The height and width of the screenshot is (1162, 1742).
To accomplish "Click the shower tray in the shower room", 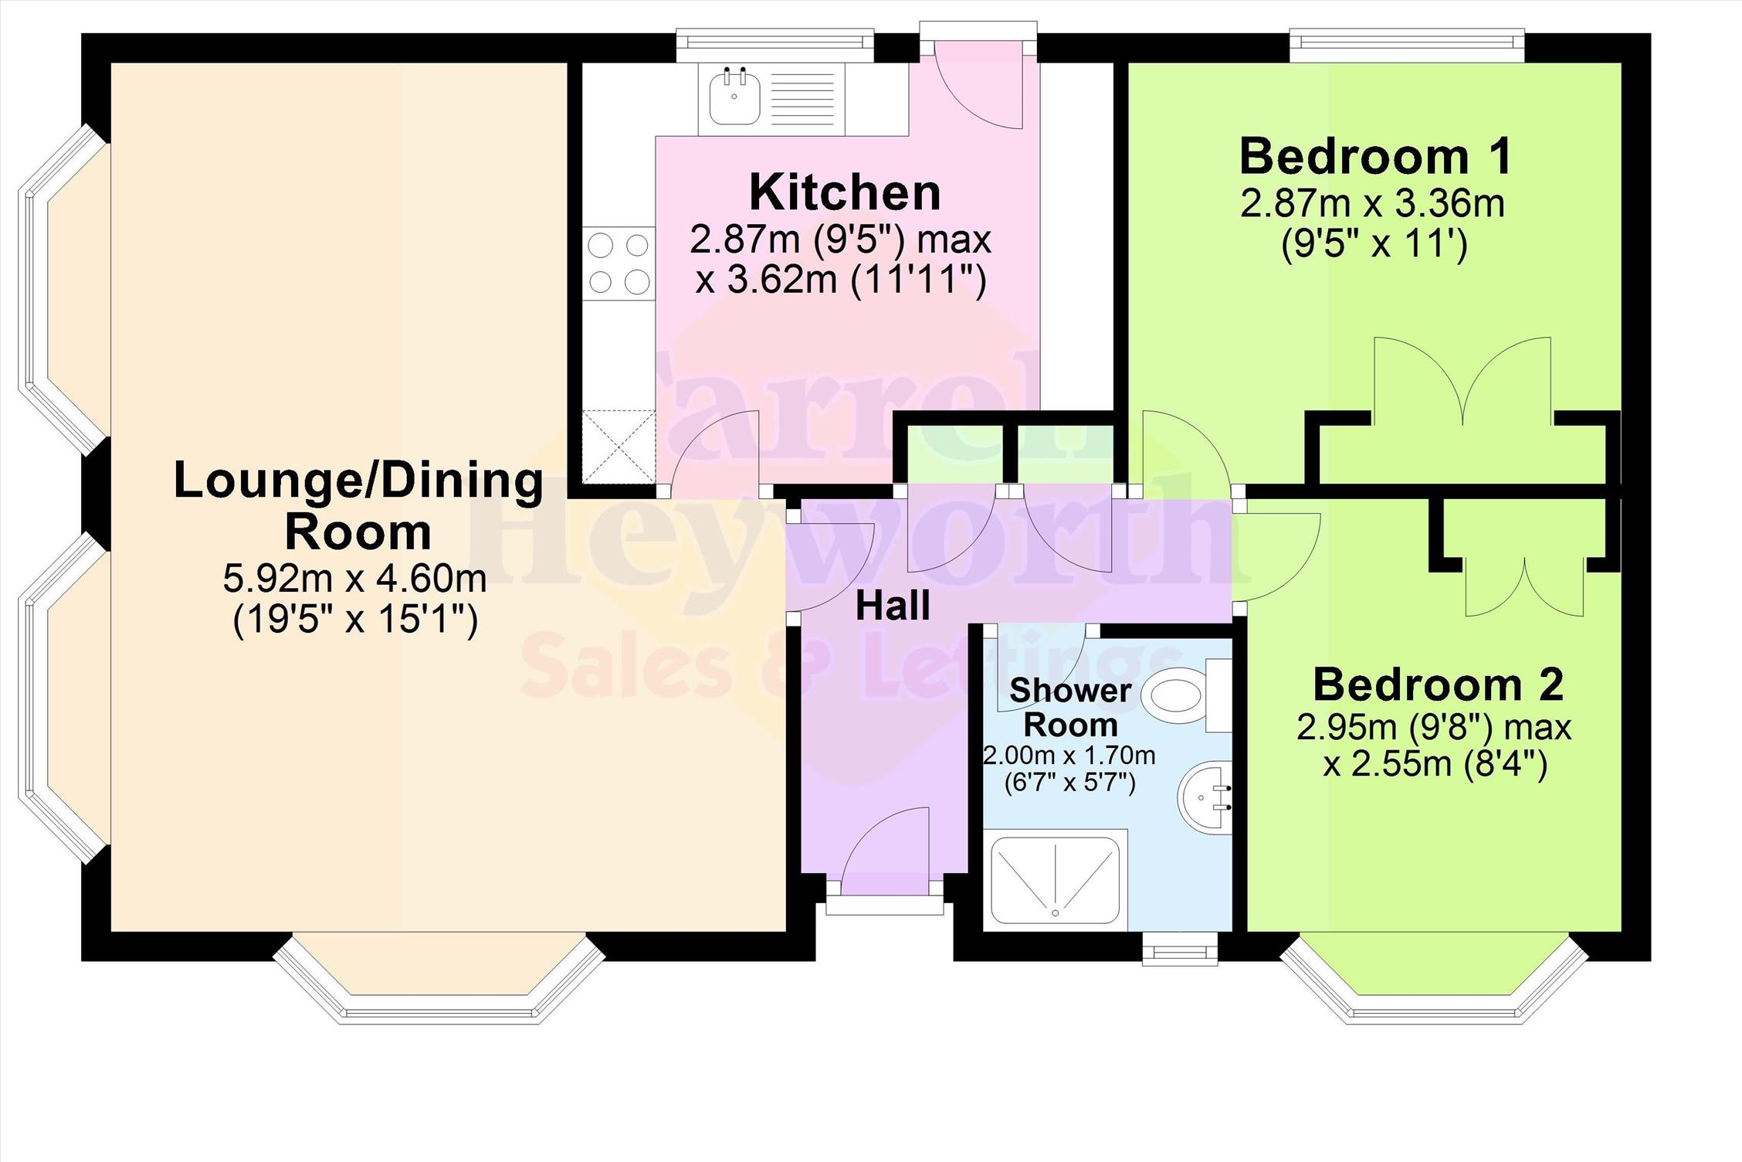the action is tap(1055, 880).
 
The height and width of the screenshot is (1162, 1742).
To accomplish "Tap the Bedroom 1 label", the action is tap(1375, 156).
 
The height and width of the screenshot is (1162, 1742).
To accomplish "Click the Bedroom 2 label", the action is tap(1438, 685).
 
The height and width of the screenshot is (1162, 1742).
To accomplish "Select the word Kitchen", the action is tap(845, 192).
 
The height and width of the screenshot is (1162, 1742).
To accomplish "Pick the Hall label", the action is tap(893, 606).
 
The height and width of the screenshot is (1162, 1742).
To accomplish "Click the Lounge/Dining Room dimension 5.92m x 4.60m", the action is tap(355, 578).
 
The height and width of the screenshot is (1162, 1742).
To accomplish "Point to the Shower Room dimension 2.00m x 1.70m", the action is tap(1069, 755).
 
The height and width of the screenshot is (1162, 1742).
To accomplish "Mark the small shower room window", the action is tap(1180, 948).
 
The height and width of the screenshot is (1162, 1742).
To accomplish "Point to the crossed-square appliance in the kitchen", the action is tap(619, 447).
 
